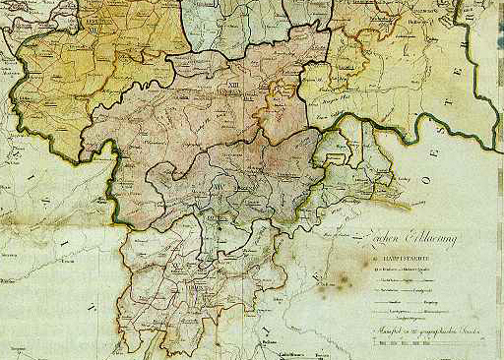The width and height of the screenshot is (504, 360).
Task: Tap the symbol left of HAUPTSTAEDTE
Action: pos(373,262)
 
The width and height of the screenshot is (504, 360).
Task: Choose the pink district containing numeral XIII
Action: pos(197,108)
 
